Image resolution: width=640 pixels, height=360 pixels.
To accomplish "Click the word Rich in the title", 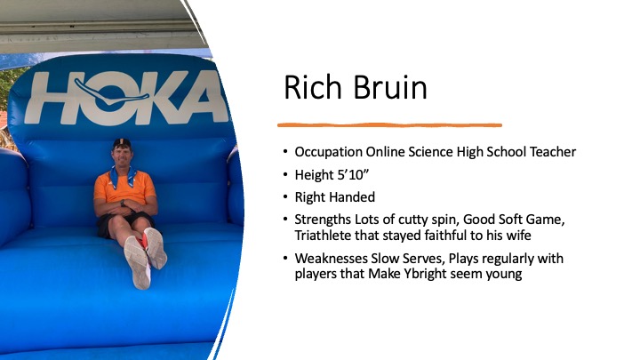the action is click(x=312, y=87).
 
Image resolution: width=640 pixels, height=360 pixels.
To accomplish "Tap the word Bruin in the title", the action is click(x=390, y=87).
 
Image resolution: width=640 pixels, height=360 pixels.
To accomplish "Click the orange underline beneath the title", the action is click(x=389, y=125).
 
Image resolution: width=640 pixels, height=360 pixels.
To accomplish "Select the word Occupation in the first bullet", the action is click(x=328, y=152).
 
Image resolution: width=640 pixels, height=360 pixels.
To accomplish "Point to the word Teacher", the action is click(x=553, y=152).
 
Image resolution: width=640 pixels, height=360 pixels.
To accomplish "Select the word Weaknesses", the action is click(x=331, y=259).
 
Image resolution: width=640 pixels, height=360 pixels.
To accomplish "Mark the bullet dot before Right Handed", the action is click(x=285, y=197).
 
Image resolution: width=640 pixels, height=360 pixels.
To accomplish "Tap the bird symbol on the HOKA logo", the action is click(x=111, y=94).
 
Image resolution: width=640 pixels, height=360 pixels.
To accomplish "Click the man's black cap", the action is click(x=122, y=142).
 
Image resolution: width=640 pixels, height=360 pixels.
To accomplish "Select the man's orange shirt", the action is click(x=124, y=187).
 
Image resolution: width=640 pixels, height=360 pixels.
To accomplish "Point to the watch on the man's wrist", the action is click(x=123, y=203).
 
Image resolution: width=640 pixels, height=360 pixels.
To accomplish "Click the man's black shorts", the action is click(x=124, y=223).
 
